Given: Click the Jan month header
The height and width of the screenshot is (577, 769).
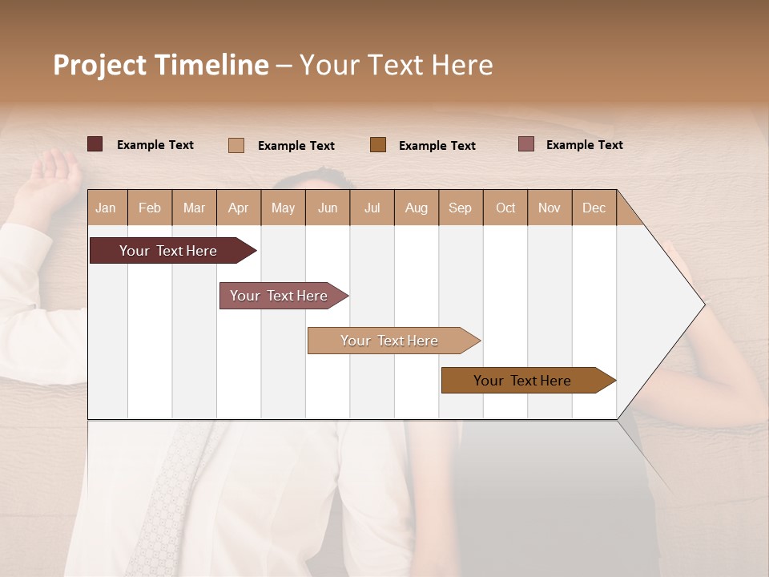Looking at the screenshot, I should (107, 208).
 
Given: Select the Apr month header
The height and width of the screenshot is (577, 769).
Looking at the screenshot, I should (239, 208).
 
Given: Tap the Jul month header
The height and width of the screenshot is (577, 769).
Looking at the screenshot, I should (372, 208).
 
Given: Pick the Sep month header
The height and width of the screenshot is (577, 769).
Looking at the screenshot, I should (460, 208).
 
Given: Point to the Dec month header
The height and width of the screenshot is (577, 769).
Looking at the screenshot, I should (594, 208).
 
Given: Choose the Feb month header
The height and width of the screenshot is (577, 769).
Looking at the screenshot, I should (150, 208).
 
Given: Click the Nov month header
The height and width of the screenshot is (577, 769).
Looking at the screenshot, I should (550, 208).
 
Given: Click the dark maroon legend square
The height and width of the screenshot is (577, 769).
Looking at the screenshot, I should (95, 144).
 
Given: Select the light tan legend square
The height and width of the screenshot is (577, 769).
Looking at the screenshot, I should (236, 145).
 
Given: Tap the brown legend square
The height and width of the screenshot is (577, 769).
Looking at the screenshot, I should (378, 145).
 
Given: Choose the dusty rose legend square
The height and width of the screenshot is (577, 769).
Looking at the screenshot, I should (526, 144).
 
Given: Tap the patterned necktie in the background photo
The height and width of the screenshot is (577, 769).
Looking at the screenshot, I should (164, 497).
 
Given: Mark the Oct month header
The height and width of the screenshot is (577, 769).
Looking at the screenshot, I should (505, 208).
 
